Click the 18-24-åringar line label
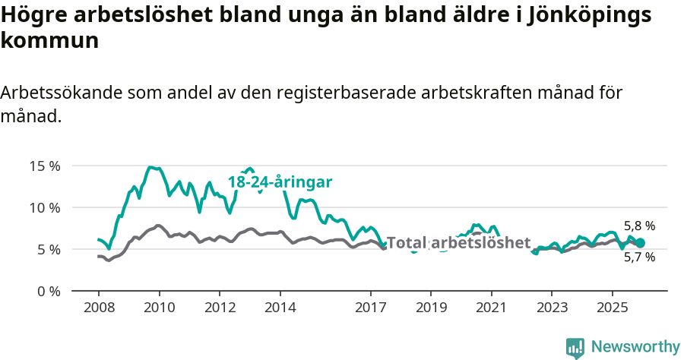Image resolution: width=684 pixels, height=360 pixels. pos(280,182)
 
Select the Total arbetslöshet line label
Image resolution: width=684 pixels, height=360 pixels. pos(458,242)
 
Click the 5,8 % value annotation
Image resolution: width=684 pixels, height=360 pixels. pos(639,226)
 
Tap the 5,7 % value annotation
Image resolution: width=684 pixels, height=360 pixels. pos(639,257)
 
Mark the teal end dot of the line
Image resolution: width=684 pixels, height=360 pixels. pos(640,243)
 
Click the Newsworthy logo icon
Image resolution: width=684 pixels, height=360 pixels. pos(575,348)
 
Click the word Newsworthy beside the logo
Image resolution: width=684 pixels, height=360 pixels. pos(635,347)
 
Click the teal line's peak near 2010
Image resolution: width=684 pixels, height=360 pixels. pos(151,167)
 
